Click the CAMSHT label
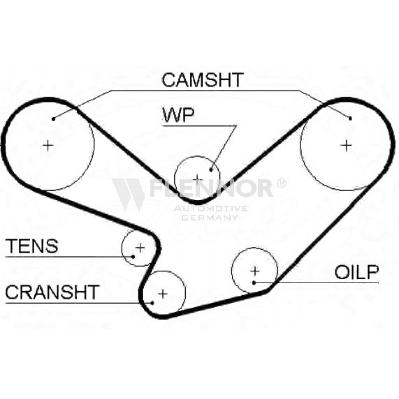tap(202, 80)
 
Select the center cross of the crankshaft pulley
tap(162, 294)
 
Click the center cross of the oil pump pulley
tap(255, 271)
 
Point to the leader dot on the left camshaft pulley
tap(53, 118)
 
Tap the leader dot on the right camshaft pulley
tap(350, 118)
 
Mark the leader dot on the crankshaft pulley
tap(152, 302)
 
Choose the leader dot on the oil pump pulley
tap(254, 282)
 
